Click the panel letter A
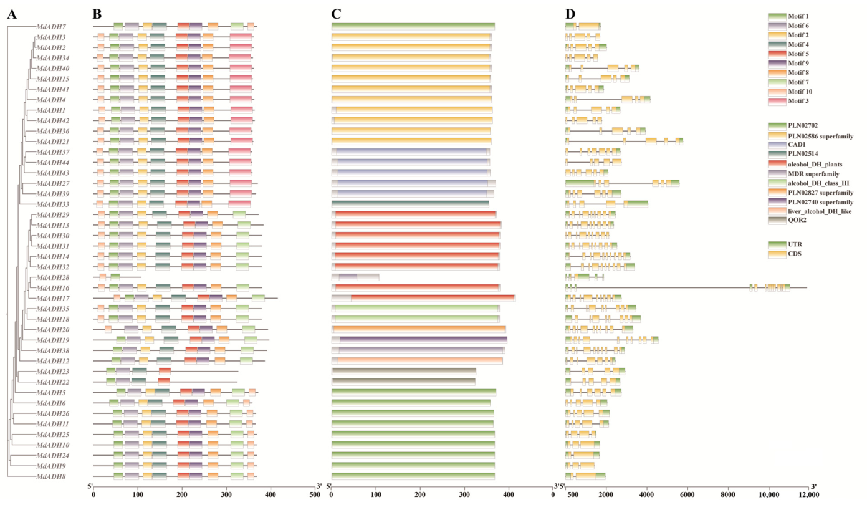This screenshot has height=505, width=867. point(12,14)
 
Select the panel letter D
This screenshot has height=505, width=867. point(570,14)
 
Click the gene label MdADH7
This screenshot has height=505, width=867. point(51,27)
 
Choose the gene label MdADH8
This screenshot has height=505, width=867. point(51,476)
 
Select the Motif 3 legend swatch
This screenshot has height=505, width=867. point(777,101)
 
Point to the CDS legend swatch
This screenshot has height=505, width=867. point(777,254)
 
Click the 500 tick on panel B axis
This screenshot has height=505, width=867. point(315,494)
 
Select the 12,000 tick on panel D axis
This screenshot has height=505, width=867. point(808,494)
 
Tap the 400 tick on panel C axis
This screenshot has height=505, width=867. point(509,494)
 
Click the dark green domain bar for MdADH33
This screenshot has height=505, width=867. point(410,204)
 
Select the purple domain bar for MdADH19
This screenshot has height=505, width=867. point(423,340)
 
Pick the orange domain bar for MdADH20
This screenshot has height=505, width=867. point(419,330)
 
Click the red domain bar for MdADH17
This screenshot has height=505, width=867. point(433,298)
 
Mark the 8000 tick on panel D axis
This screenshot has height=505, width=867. point(728,494)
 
